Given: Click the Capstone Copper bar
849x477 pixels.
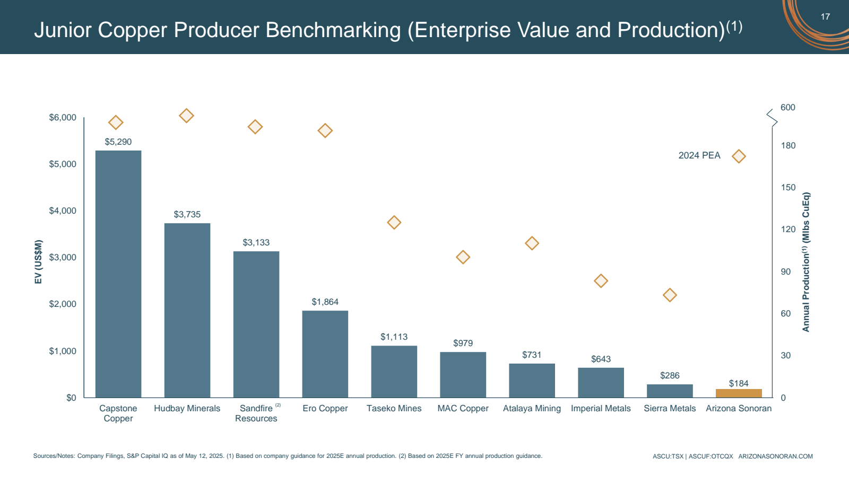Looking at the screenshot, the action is click(118, 274).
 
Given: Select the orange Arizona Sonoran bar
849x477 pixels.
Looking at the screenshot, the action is click(739, 393).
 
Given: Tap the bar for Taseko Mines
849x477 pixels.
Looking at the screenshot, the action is click(394, 372).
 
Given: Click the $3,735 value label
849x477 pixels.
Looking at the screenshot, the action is click(187, 215).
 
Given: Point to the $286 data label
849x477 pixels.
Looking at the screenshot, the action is click(670, 376).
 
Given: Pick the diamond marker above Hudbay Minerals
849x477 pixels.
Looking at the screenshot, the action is click(186, 116).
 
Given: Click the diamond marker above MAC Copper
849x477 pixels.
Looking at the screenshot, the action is click(463, 258).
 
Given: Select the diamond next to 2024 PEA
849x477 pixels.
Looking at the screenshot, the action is click(739, 156).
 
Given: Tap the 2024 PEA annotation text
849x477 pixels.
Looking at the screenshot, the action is click(699, 156).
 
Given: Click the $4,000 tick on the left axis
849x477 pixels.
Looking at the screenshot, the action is click(63, 211).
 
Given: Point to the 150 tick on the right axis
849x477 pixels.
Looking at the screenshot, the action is click(788, 188).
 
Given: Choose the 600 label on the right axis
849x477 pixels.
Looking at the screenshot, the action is click(787, 108).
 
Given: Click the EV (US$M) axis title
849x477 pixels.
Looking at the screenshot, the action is click(38, 262).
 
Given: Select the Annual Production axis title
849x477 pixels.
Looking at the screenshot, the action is click(806, 262).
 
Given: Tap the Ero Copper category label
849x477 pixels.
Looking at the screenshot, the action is click(325, 409).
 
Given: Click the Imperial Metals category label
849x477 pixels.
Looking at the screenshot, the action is click(601, 409).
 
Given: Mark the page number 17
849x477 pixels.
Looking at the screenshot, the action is click(825, 16).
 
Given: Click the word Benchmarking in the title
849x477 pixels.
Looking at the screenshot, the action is click(333, 30).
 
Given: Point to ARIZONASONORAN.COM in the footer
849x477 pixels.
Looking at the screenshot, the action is click(775, 456).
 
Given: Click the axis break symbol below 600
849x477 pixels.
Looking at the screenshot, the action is click(772, 118).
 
